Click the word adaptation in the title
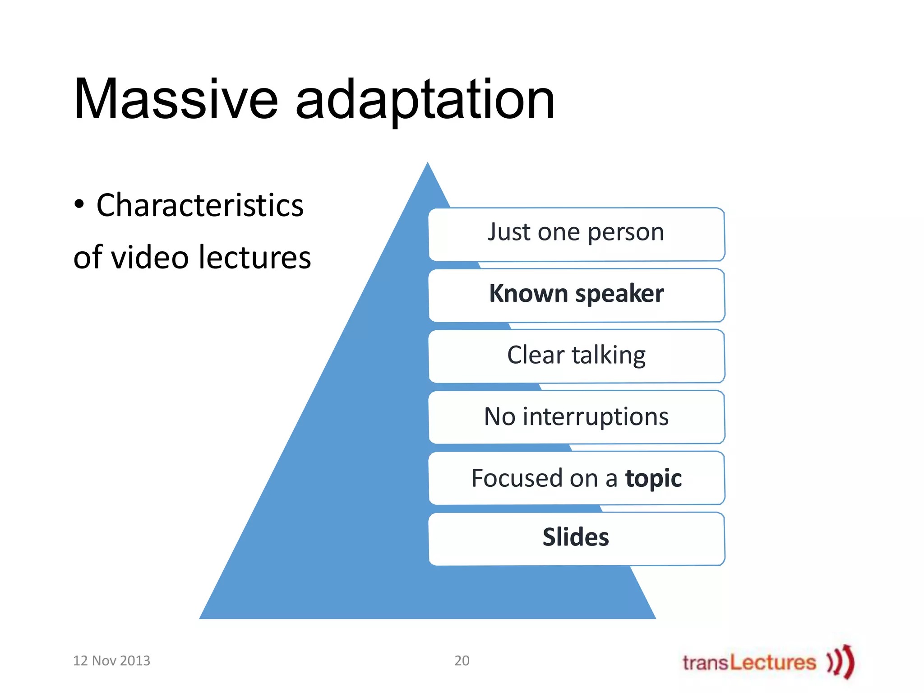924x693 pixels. point(425,100)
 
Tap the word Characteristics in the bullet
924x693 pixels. point(200,205)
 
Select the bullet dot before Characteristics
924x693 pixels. point(79,204)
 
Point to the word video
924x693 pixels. point(149,257)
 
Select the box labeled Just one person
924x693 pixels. point(576,233)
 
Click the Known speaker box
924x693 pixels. point(576,295)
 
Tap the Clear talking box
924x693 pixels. point(576,356)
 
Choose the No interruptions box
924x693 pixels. point(576,416)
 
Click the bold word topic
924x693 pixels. point(653,478)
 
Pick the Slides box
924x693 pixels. point(576,538)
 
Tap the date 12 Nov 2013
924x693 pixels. point(111,661)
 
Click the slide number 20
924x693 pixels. point(462,661)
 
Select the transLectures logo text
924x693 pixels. point(749,662)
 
